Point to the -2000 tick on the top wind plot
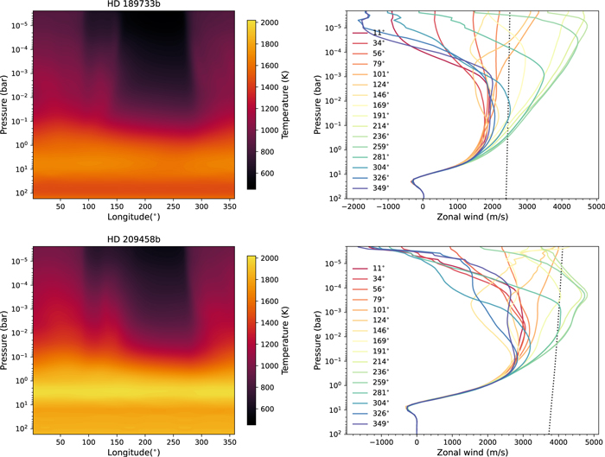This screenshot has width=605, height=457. coord(353,207)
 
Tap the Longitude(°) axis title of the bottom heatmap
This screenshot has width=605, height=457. coord(128,452)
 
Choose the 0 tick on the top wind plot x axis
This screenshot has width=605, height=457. coord(423,207)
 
